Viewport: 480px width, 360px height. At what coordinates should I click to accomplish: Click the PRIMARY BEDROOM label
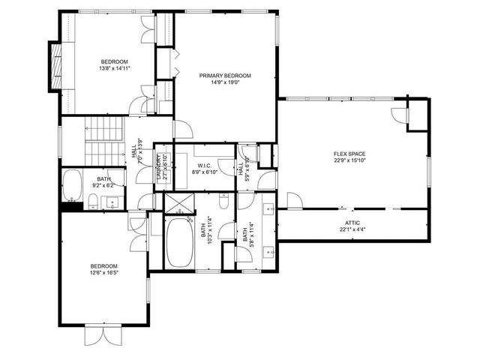pyautogui.click(x=224, y=76)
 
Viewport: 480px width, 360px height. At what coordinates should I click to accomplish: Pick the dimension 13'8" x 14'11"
pyautogui.click(x=115, y=68)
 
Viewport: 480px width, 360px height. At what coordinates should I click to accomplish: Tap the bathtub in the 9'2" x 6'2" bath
pyautogui.click(x=72, y=185)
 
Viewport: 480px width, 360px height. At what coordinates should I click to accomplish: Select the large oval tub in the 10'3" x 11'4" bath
pyautogui.click(x=178, y=242)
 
